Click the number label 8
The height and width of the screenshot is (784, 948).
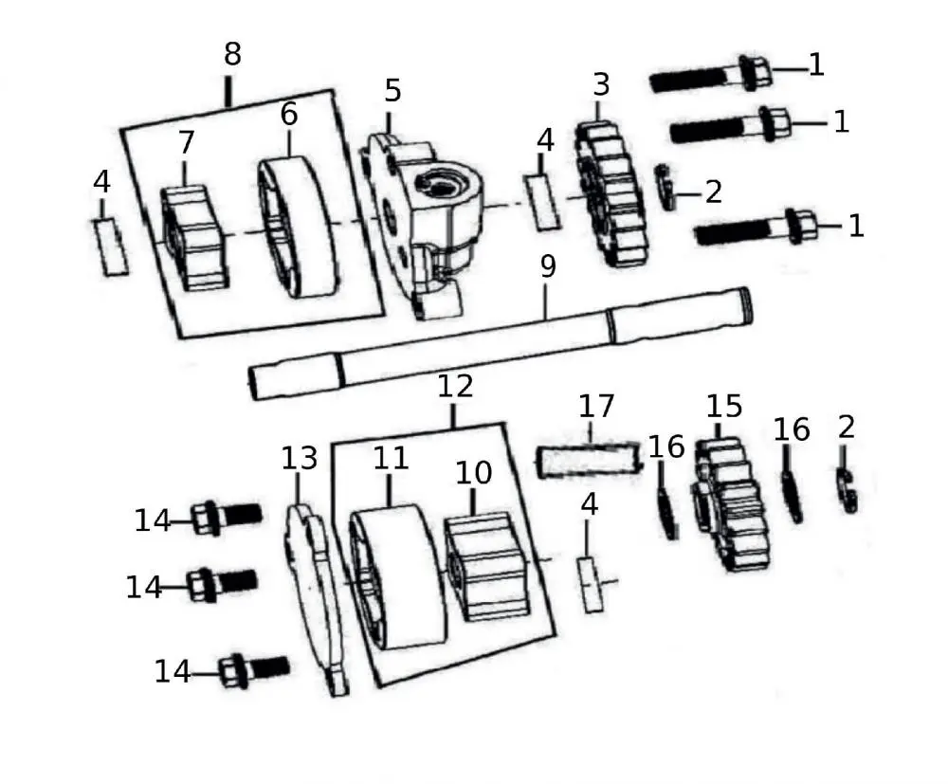coord(232,55)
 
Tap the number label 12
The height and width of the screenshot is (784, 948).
coord(454,386)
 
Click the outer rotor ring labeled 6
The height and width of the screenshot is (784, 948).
coord(298,229)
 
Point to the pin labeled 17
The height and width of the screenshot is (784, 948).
coord(591,461)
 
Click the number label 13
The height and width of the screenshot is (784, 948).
coord(299,458)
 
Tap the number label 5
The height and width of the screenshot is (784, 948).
coord(392,91)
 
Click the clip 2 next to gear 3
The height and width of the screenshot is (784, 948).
coord(668,188)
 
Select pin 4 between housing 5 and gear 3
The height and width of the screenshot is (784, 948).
coord(544,201)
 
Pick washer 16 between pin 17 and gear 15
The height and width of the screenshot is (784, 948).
coord(668,512)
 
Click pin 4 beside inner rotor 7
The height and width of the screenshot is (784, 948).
coord(111,246)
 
